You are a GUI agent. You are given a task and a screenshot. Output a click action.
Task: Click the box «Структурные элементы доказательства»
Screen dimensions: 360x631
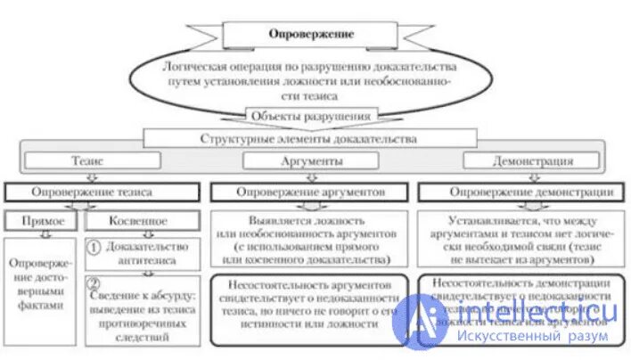pyautogui.click(x=307, y=140)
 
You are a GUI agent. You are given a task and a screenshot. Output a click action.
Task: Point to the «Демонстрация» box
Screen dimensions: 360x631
pyautogui.click(x=533, y=162)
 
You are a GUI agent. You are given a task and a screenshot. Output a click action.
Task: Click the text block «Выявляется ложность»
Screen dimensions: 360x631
pyautogui.click(x=308, y=239)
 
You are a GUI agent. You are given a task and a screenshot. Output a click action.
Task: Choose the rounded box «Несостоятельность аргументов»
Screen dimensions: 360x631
pyautogui.click(x=308, y=306)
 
